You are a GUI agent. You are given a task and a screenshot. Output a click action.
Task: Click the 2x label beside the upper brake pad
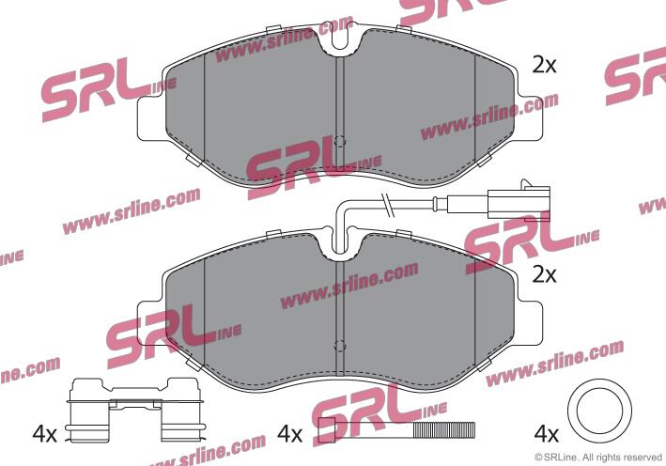[x=544, y=66]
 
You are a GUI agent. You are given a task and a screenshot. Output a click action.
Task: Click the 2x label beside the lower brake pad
[x=544, y=275]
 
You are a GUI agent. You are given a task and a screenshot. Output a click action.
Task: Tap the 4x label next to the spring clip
[x=44, y=434]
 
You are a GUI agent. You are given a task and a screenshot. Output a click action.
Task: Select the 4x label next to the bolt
[x=289, y=434]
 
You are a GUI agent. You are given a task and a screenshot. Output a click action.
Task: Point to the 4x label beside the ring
[x=546, y=434]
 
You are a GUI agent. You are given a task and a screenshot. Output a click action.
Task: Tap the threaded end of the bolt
[x=444, y=430]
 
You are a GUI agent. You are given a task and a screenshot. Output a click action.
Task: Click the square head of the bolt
[x=327, y=430]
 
